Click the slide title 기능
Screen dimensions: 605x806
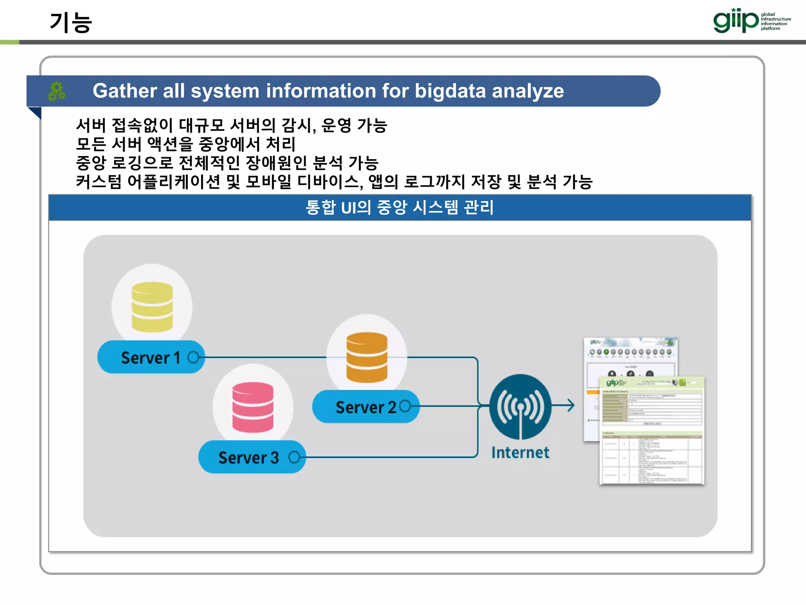coord(71,22)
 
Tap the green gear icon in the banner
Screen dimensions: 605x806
coord(57,91)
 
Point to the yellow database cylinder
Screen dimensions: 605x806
coord(152,307)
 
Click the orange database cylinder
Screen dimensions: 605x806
coord(367,357)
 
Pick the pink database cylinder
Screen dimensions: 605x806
coord(253,407)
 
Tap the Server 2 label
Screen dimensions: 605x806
coord(366,407)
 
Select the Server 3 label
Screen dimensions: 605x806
coord(249,458)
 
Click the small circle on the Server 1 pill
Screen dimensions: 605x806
coord(193,357)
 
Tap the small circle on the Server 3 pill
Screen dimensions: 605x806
coord(294,457)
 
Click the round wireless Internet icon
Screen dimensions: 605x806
coord(520,406)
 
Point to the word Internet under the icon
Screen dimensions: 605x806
coord(520,453)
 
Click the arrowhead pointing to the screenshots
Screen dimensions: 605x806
coord(571,405)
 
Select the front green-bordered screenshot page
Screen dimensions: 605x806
coord(652,431)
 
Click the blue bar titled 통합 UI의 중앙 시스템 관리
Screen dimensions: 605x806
coord(399,208)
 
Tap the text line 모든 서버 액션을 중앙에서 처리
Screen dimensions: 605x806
coord(185,144)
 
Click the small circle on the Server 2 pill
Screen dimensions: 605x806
coord(405,406)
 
